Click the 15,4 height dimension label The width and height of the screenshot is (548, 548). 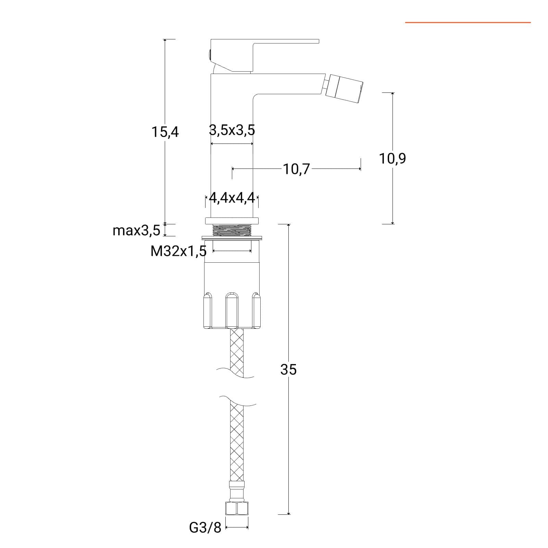(165, 132)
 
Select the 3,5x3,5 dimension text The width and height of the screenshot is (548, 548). (232, 130)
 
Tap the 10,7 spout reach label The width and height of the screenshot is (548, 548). (296, 169)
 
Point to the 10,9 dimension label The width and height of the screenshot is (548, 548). (393, 159)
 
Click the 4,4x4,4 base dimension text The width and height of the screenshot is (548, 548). (232, 198)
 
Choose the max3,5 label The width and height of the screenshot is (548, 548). (136, 231)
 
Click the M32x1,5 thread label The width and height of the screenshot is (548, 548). (178, 251)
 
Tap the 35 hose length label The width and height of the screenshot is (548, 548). (288, 370)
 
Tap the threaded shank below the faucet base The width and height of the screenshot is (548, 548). (232, 230)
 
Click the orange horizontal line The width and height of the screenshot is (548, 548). (468, 23)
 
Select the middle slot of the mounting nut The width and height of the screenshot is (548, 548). (232, 310)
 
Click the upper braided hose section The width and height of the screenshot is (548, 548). (237, 353)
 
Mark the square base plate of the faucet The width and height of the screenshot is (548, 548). (232, 221)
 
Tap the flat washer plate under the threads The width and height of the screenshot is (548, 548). (232, 237)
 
